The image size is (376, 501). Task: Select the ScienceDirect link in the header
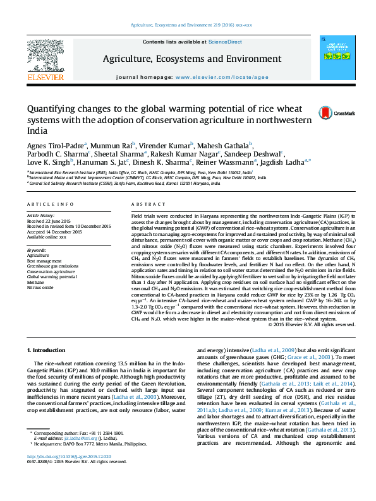coord(226,42)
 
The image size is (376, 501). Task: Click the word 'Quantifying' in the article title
coord(52,109)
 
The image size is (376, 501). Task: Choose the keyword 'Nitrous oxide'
coord(41,287)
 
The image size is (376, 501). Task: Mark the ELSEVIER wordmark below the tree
coord(45,78)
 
